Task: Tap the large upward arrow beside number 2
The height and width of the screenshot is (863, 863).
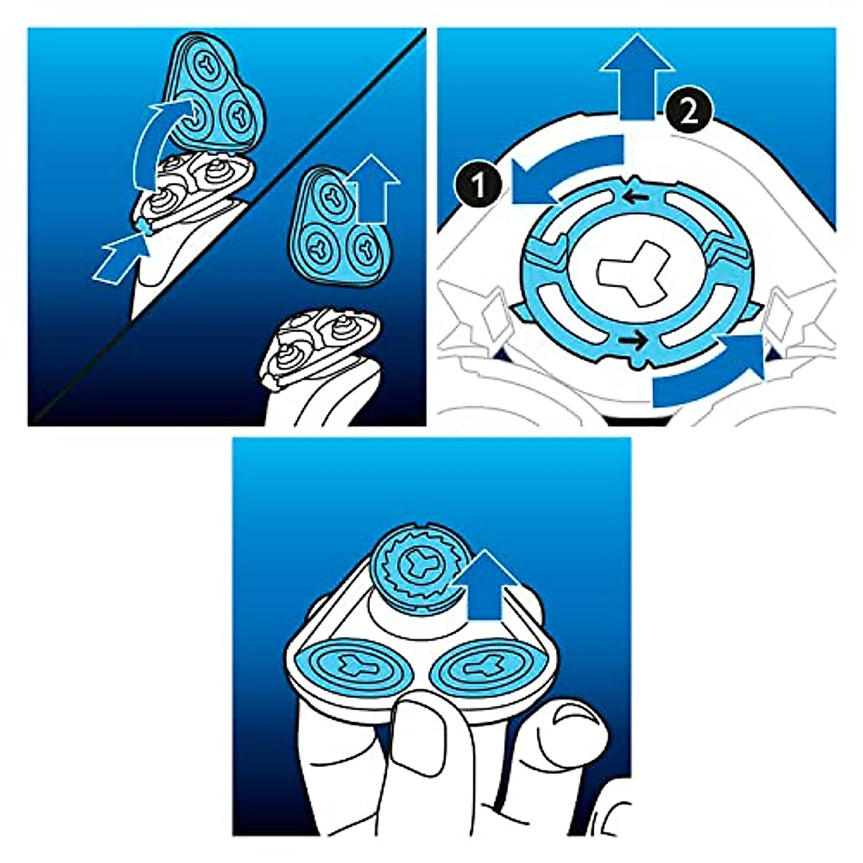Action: coord(637,80)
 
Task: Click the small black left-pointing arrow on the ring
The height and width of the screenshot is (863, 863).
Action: coord(633,196)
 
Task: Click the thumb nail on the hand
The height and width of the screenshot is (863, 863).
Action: coord(576,720)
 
